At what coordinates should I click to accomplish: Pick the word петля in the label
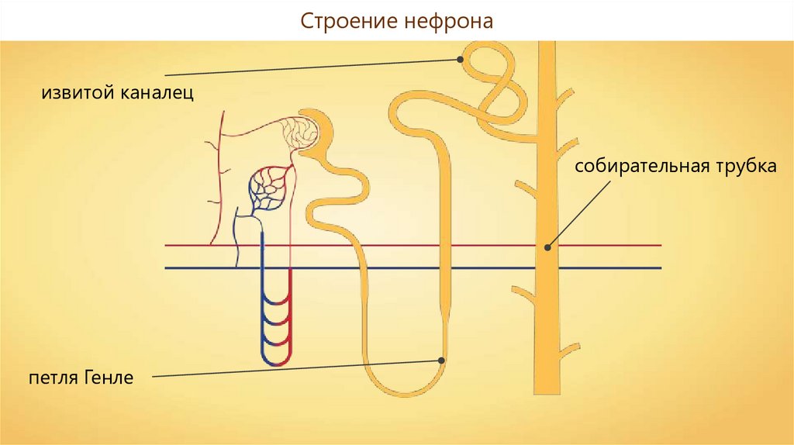(52, 379)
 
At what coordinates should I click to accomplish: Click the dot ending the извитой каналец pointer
(460, 58)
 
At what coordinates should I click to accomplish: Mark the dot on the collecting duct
(547, 247)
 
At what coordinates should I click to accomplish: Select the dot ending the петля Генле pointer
(441, 360)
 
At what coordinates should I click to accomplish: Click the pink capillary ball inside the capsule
(299, 133)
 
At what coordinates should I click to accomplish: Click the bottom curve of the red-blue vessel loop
(276, 361)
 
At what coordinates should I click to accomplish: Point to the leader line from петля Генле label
(295, 369)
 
